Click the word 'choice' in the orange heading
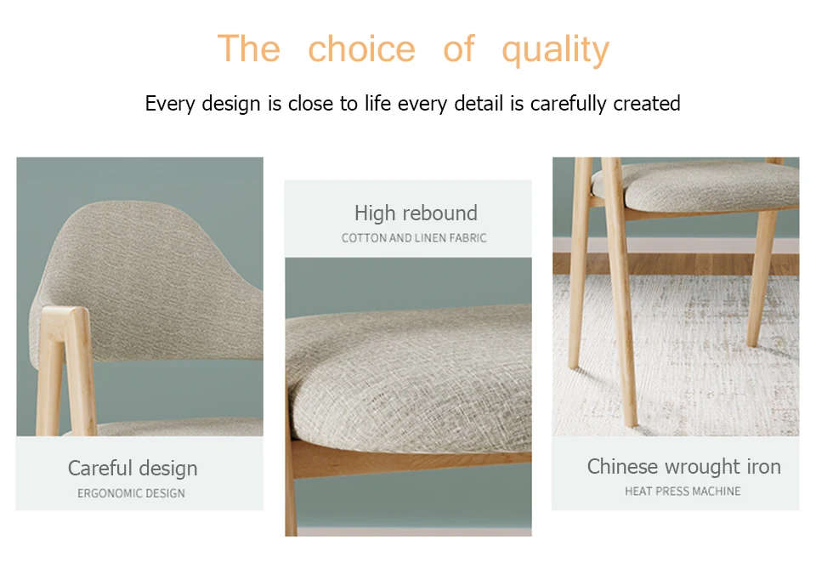click(362, 49)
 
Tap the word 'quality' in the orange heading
click(555, 50)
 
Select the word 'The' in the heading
click(249, 48)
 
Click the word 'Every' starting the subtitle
click(169, 104)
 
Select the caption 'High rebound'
click(416, 213)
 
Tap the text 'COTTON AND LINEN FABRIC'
click(414, 238)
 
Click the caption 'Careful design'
click(133, 468)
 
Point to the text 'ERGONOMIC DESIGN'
click(131, 493)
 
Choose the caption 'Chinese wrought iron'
click(683, 467)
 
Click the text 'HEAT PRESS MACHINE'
click(683, 491)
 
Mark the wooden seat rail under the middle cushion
click(411, 458)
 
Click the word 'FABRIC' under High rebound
click(467, 238)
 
